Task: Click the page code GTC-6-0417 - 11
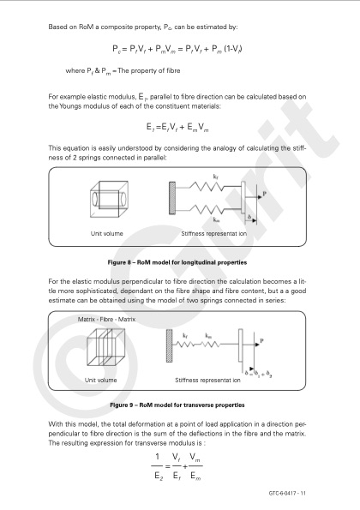[x=287, y=493]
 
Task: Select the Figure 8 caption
[x=177, y=262]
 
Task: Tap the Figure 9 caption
[x=177, y=405]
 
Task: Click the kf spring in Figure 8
[x=207, y=187]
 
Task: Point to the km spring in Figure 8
[x=207, y=210]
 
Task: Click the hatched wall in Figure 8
[x=172, y=198]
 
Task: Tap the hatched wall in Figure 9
[x=169, y=345]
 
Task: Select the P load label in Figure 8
[x=264, y=194]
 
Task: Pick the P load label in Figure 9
[x=261, y=340]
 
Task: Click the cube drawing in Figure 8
[x=109, y=199]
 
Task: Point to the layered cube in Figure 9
[x=105, y=347]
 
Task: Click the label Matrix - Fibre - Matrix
[x=106, y=320]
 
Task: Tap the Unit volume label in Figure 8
[x=106, y=233]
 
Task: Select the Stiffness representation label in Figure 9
[x=207, y=381]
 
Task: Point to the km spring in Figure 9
[x=211, y=344]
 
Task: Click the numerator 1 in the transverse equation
[x=158, y=457]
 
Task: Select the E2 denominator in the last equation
[x=159, y=477]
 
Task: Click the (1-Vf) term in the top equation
[x=233, y=49]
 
